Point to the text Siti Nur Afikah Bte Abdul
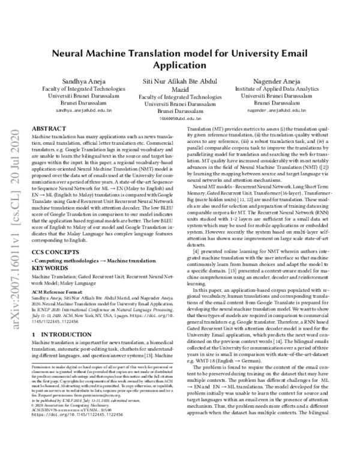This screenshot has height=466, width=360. [181, 80]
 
